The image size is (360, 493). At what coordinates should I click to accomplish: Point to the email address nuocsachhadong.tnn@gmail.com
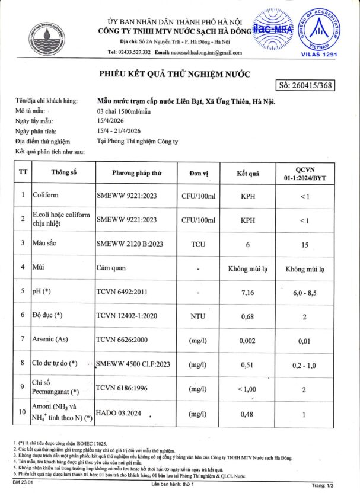[198, 52]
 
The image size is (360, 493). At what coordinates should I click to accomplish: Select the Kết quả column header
[249, 174]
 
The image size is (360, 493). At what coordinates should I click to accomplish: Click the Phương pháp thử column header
[137, 174]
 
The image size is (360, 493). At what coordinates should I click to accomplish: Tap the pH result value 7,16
[249, 293]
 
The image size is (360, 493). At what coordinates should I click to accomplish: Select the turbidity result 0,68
[249, 316]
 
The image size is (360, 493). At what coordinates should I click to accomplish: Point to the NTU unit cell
[198, 316]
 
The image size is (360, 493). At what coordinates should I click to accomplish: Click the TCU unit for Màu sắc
[198, 244]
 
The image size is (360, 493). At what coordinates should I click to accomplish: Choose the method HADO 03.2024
[118, 413]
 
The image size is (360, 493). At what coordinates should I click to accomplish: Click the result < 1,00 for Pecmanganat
[249, 389]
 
